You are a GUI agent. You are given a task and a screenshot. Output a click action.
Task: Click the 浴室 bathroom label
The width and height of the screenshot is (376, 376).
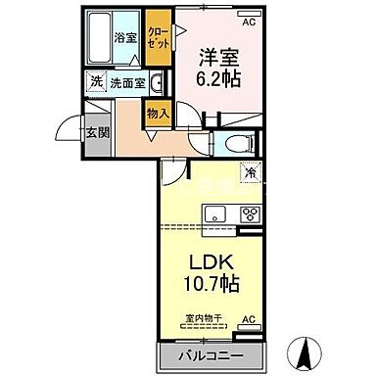pos(124,38)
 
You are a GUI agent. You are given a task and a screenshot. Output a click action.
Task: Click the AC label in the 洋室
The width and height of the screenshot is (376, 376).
pos(250,19)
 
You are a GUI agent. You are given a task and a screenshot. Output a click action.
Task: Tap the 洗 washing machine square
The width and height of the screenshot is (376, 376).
pos(96,82)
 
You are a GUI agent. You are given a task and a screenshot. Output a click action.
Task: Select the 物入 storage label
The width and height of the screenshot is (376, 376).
pos(160,114)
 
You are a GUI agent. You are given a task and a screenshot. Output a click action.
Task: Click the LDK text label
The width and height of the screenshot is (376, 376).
pos(211,265)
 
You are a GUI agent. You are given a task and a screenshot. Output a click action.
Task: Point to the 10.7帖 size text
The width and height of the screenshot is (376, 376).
pos(211,289)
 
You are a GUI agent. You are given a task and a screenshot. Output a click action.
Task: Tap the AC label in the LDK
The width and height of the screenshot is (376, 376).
pos(249,319)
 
